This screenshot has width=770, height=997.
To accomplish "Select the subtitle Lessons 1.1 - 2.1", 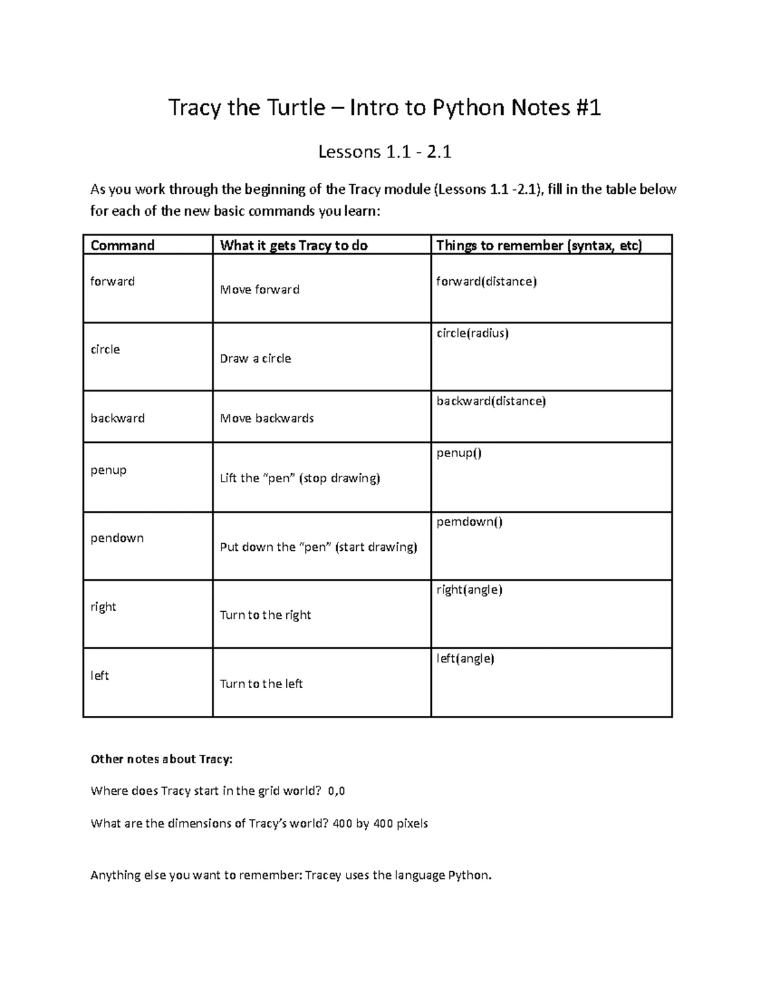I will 385,152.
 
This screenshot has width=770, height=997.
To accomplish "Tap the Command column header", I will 123,245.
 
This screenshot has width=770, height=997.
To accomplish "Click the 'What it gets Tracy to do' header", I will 294,245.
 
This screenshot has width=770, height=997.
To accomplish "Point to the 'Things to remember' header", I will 539,245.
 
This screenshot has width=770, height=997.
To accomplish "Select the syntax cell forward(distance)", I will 486,281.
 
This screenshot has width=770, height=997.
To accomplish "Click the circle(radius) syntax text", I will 472,333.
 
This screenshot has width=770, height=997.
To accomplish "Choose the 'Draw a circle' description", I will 255,358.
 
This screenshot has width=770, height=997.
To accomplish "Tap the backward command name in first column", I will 117,418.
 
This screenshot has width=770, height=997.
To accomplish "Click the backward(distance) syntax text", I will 491,401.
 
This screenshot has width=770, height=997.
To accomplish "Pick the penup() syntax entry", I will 459,453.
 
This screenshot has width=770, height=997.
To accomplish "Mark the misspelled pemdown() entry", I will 469,521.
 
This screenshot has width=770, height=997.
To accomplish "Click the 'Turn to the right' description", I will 265,615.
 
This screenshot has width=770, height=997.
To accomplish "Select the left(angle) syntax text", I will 465,658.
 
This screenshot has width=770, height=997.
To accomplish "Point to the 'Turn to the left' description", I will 261,684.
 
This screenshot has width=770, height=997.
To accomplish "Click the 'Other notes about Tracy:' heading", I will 162,759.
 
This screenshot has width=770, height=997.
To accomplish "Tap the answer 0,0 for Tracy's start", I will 336,791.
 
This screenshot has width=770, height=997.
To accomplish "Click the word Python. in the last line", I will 470,875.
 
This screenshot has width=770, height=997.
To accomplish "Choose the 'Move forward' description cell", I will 260,290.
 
